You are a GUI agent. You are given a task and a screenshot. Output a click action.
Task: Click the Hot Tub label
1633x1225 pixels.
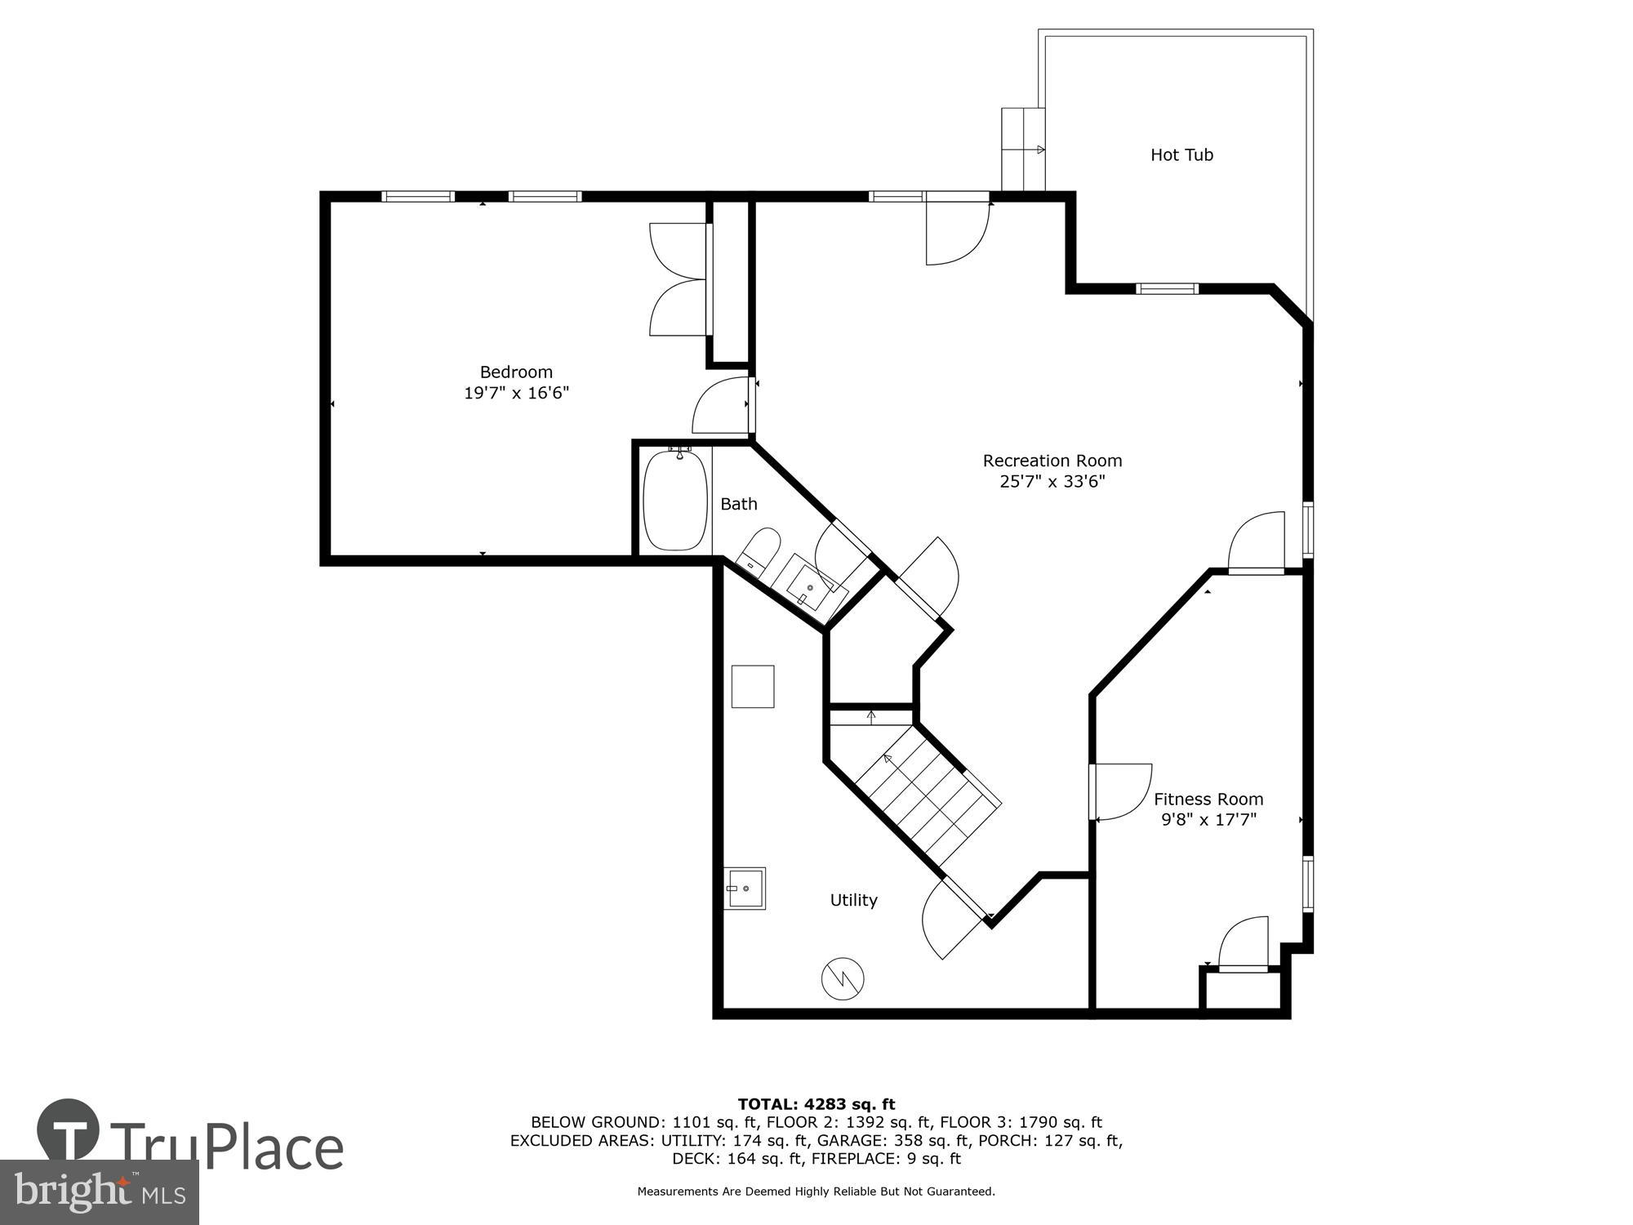[1181, 155]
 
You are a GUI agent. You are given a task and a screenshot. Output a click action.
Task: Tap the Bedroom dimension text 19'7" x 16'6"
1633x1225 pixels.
[516, 394]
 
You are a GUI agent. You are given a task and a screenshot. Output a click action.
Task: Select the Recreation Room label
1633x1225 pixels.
[1052, 461]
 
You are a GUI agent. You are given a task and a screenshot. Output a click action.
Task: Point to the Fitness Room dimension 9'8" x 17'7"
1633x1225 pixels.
[1208, 820]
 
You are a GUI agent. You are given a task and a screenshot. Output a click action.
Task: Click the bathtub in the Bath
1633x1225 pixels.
[675, 501]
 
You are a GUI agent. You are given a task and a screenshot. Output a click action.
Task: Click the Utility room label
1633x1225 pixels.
[853, 900]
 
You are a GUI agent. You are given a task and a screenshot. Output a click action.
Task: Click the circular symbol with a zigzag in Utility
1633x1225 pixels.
[843, 978]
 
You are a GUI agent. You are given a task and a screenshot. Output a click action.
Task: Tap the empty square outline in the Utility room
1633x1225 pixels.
[752, 687]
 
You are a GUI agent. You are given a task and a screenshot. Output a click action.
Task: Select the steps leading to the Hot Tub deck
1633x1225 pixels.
[1023, 149]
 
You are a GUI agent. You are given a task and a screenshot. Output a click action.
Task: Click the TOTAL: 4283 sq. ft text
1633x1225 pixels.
[816, 1105]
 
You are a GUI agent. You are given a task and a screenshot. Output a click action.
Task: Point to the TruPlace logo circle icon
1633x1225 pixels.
[69, 1130]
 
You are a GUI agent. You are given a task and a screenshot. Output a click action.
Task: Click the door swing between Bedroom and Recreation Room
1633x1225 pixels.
[723, 407]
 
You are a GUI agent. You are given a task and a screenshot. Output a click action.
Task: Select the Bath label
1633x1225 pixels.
[738, 505]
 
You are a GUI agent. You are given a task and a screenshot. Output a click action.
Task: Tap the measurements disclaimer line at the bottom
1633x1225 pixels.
[816, 1192]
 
